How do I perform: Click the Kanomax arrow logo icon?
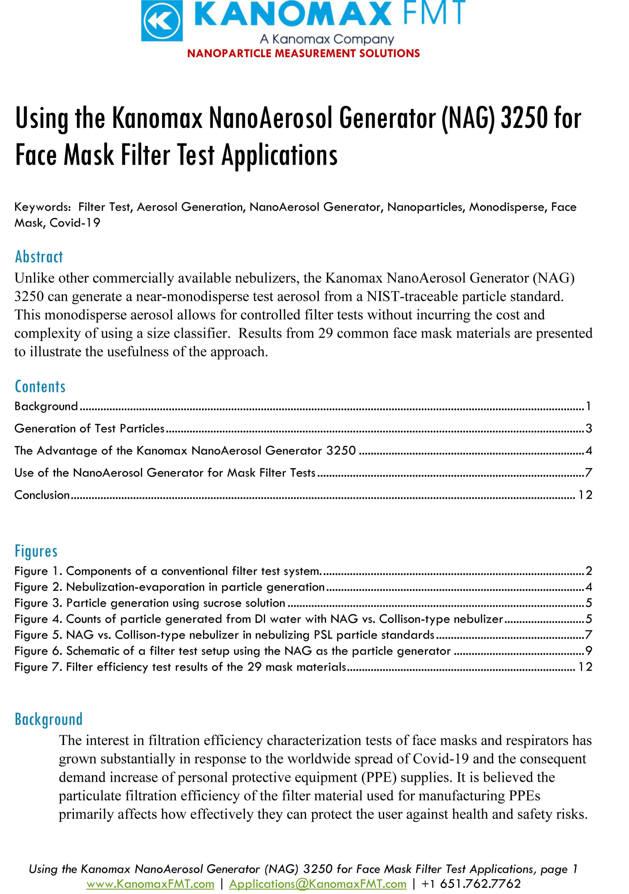[161, 21]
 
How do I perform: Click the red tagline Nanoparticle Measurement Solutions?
[303, 53]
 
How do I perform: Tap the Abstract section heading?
[39, 257]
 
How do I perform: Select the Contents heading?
[40, 387]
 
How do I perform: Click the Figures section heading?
[36, 551]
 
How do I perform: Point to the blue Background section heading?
[49, 719]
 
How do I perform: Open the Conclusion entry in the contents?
[42, 495]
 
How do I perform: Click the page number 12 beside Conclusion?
[585, 495]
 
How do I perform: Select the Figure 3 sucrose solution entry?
[150, 603]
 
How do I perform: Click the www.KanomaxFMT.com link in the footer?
[150, 884]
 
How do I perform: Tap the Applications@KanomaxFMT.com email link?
[318, 884]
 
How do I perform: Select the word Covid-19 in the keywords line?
[75, 223]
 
